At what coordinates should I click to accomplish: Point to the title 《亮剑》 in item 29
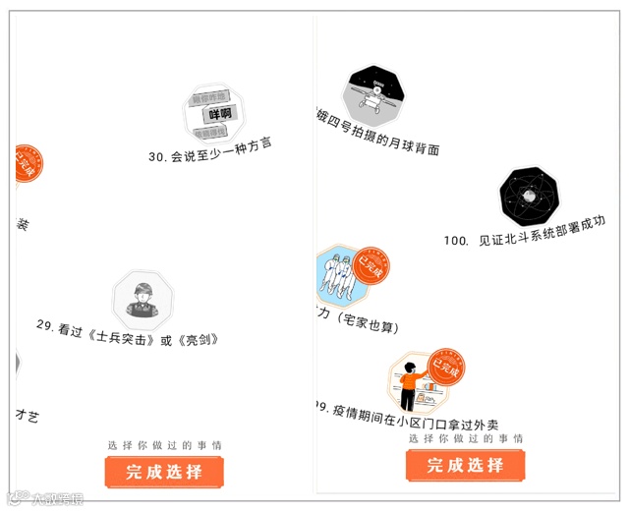click(197, 339)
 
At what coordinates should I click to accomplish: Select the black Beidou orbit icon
click(529, 198)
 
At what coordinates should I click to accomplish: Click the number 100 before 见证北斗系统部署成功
click(456, 240)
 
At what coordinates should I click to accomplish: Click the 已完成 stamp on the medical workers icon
click(371, 264)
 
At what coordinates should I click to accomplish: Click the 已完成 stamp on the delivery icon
click(447, 366)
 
